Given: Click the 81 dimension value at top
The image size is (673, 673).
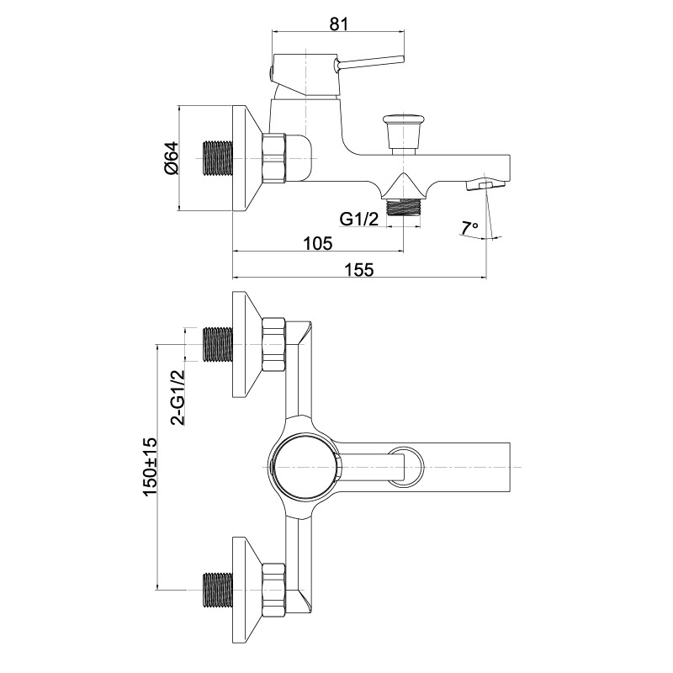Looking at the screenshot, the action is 339,24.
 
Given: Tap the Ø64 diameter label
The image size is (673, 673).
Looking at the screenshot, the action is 171,158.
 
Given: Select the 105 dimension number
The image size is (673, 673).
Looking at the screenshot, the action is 318,243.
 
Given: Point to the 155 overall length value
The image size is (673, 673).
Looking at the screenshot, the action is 359,270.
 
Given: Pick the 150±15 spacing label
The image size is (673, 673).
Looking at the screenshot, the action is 150,467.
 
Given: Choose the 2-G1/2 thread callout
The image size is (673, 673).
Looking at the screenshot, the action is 178,397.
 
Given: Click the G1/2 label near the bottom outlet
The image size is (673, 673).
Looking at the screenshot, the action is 359,220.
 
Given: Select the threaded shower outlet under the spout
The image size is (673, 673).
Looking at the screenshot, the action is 404,208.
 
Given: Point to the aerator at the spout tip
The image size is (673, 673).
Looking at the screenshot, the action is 485,185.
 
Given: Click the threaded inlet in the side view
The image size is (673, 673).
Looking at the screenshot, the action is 217,158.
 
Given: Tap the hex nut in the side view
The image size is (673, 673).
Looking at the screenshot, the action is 273,158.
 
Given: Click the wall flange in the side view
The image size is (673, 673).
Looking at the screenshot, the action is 246,158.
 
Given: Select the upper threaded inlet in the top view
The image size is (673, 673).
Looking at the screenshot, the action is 217,344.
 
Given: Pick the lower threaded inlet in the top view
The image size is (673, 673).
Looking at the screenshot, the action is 217,591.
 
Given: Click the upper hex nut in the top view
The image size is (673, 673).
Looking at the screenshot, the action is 273,345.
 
